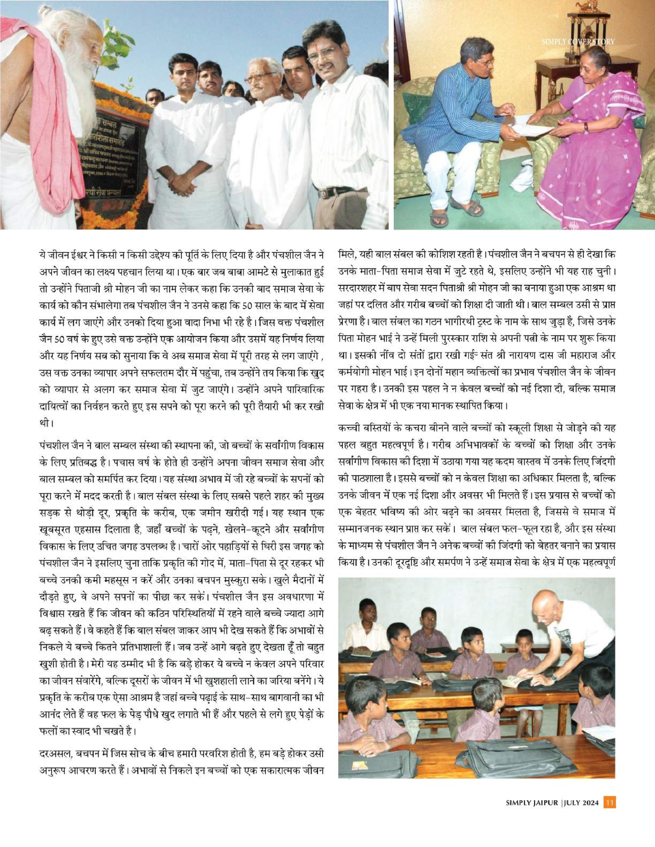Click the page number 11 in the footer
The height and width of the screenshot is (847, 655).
(610, 802)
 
